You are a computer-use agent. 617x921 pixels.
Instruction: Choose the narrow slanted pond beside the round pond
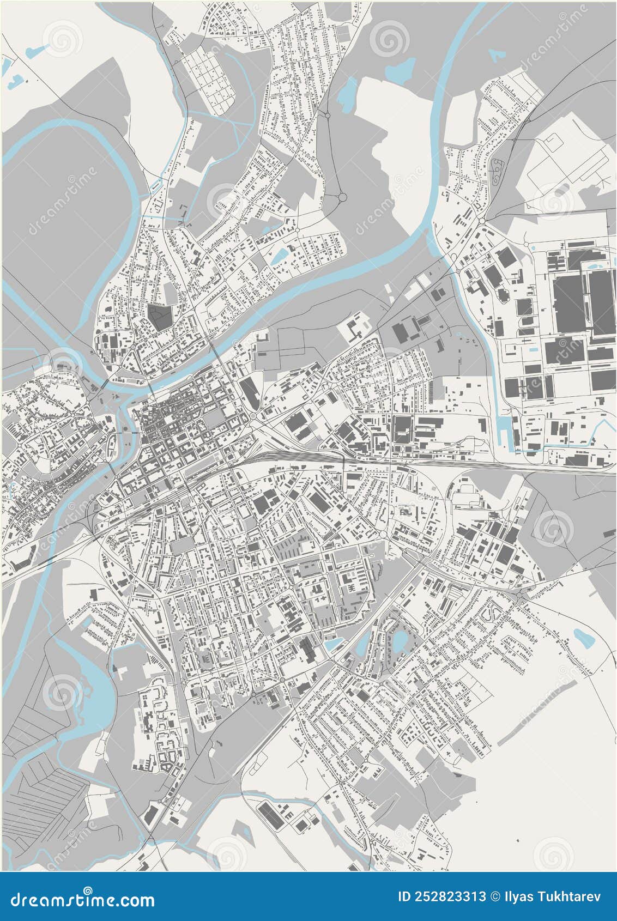[363, 643]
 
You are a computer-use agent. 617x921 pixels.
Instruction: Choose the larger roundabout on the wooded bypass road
[342, 197]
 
